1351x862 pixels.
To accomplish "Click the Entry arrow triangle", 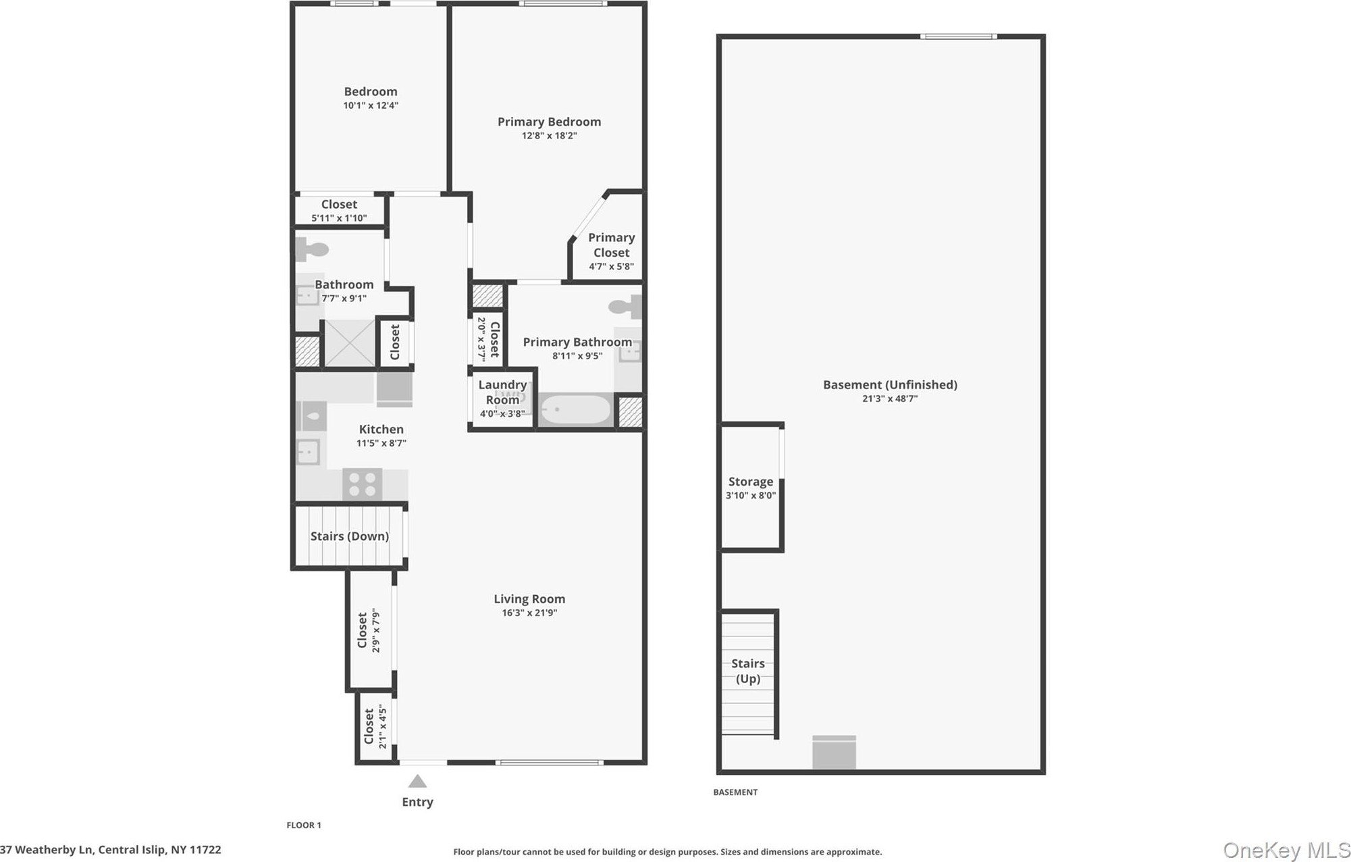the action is tap(417, 782).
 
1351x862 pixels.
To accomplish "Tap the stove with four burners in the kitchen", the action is tap(363, 484).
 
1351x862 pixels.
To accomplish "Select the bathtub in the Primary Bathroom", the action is tap(575, 410).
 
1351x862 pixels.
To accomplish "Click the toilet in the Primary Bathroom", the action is tap(625, 307).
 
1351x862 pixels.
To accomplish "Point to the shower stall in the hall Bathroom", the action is tap(350, 343).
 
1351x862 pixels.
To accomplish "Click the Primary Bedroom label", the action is tap(549, 122).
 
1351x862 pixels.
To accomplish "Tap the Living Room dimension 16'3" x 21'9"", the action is tap(529, 613).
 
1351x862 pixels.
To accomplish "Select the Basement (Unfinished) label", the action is tap(890, 384).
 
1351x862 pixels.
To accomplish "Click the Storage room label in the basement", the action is tap(751, 482).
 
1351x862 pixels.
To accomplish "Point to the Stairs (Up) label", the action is tap(748, 671).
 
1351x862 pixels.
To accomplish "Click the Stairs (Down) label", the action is tap(350, 536).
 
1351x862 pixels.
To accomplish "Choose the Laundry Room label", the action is tap(502, 392).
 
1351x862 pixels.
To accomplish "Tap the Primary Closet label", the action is tap(612, 245).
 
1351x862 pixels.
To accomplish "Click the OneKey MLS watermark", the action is tap(1286, 850).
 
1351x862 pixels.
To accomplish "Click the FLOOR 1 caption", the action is tap(304, 825).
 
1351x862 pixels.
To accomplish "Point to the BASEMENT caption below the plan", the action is tap(735, 792).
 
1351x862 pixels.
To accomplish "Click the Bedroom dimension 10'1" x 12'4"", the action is tap(371, 105).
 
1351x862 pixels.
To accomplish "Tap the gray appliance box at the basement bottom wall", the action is tap(834, 752).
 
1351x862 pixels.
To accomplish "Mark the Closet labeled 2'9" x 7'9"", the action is tap(369, 630).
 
